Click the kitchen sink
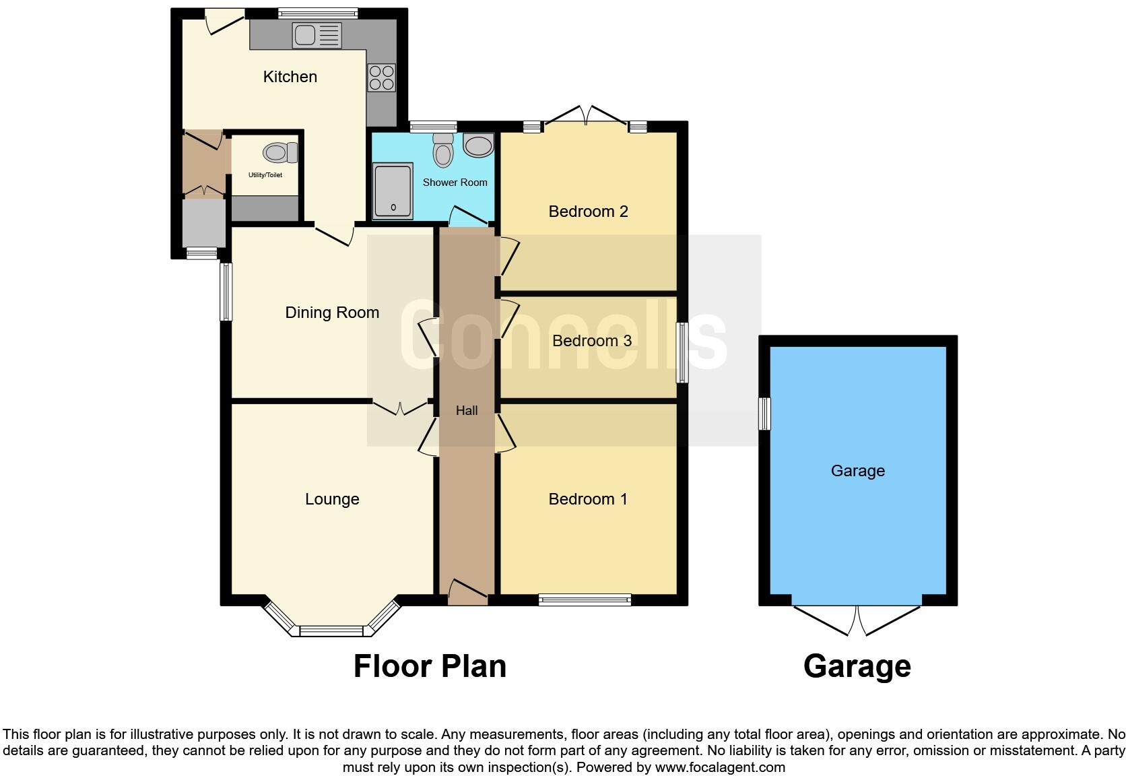coord(317,35)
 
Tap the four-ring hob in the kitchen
coord(381,77)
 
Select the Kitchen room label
coord(290,77)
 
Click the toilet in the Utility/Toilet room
coord(280,153)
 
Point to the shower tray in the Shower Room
coord(393,191)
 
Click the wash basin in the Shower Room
coord(479,145)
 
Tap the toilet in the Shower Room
coord(443,150)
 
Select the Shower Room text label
coord(455,183)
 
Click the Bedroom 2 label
coord(588,212)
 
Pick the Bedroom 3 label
coord(591,341)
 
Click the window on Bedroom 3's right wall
coord(682,352)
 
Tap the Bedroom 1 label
coord(588,499)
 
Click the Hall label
coord(467,410)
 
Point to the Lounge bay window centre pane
coord(331,631)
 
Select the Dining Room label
coord(332,313)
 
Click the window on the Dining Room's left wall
coord(227,292)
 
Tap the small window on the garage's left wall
coord(764,414)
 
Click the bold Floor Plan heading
coord(430,666)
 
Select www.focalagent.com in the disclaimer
coord(719,767)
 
